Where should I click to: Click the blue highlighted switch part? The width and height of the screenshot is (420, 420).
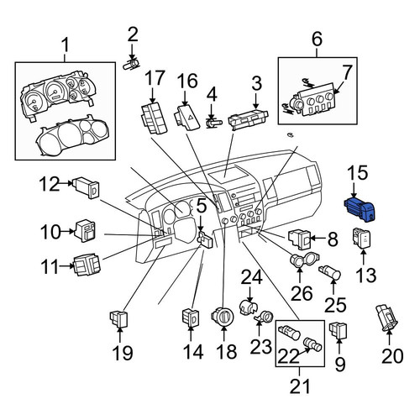(360, 209)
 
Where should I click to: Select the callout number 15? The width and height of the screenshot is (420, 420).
(358, 173)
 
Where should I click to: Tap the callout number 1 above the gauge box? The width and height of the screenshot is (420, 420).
(65, 45)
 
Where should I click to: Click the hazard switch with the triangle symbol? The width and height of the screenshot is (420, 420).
(187, 118)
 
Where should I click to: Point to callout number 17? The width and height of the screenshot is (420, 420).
(155, 78)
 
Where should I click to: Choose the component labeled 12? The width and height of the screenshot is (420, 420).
(86, 187)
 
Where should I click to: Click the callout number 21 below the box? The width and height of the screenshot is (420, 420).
(300, 386)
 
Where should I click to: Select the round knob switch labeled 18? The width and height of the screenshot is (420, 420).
(223, 317)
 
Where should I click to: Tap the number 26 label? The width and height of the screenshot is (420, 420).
(302, 293)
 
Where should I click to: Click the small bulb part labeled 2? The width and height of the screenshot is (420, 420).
(132, 65)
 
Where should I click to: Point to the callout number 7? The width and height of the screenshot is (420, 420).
(347, 72)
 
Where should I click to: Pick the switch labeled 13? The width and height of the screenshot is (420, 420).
(361, 239)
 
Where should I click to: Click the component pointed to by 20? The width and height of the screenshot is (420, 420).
(386, 318)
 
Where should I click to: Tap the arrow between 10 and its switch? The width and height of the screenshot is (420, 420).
(67, 231)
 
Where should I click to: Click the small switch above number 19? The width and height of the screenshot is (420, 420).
(119, 319)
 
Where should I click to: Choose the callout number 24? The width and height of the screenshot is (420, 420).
(252, 278)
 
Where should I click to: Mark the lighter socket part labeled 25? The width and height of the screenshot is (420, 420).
(329, 272)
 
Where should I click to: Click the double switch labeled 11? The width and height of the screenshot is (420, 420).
(87, 265)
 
